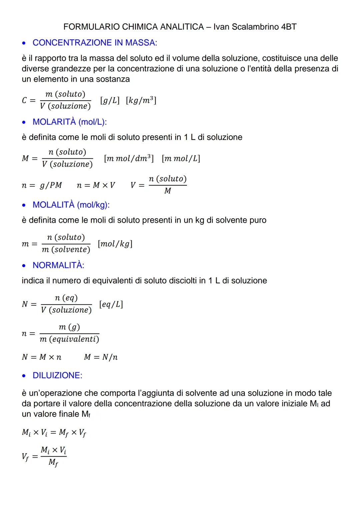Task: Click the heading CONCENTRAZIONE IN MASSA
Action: tap(95, 43)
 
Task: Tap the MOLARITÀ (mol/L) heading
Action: tap(70, 122)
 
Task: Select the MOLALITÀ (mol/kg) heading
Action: tap(71, 205)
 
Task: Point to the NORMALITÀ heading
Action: tap(58, 265)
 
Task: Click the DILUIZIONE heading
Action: tap(57, 375)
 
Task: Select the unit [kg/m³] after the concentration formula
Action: tap(141, 100)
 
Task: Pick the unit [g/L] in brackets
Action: tap(110, 100)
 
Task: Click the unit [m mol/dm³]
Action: tap(129, 158)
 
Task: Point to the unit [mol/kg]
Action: tap(115, 244)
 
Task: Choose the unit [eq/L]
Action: tap(111, 304)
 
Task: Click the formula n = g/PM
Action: tap(42, 185)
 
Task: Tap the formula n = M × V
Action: tap(96, 185)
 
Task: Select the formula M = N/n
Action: tap(101, 357)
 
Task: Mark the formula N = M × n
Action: tap(42, 357)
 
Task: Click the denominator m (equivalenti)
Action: tap(69, 339)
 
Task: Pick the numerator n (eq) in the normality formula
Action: tap(66, 298)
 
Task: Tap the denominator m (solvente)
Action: tap(66, 250)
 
